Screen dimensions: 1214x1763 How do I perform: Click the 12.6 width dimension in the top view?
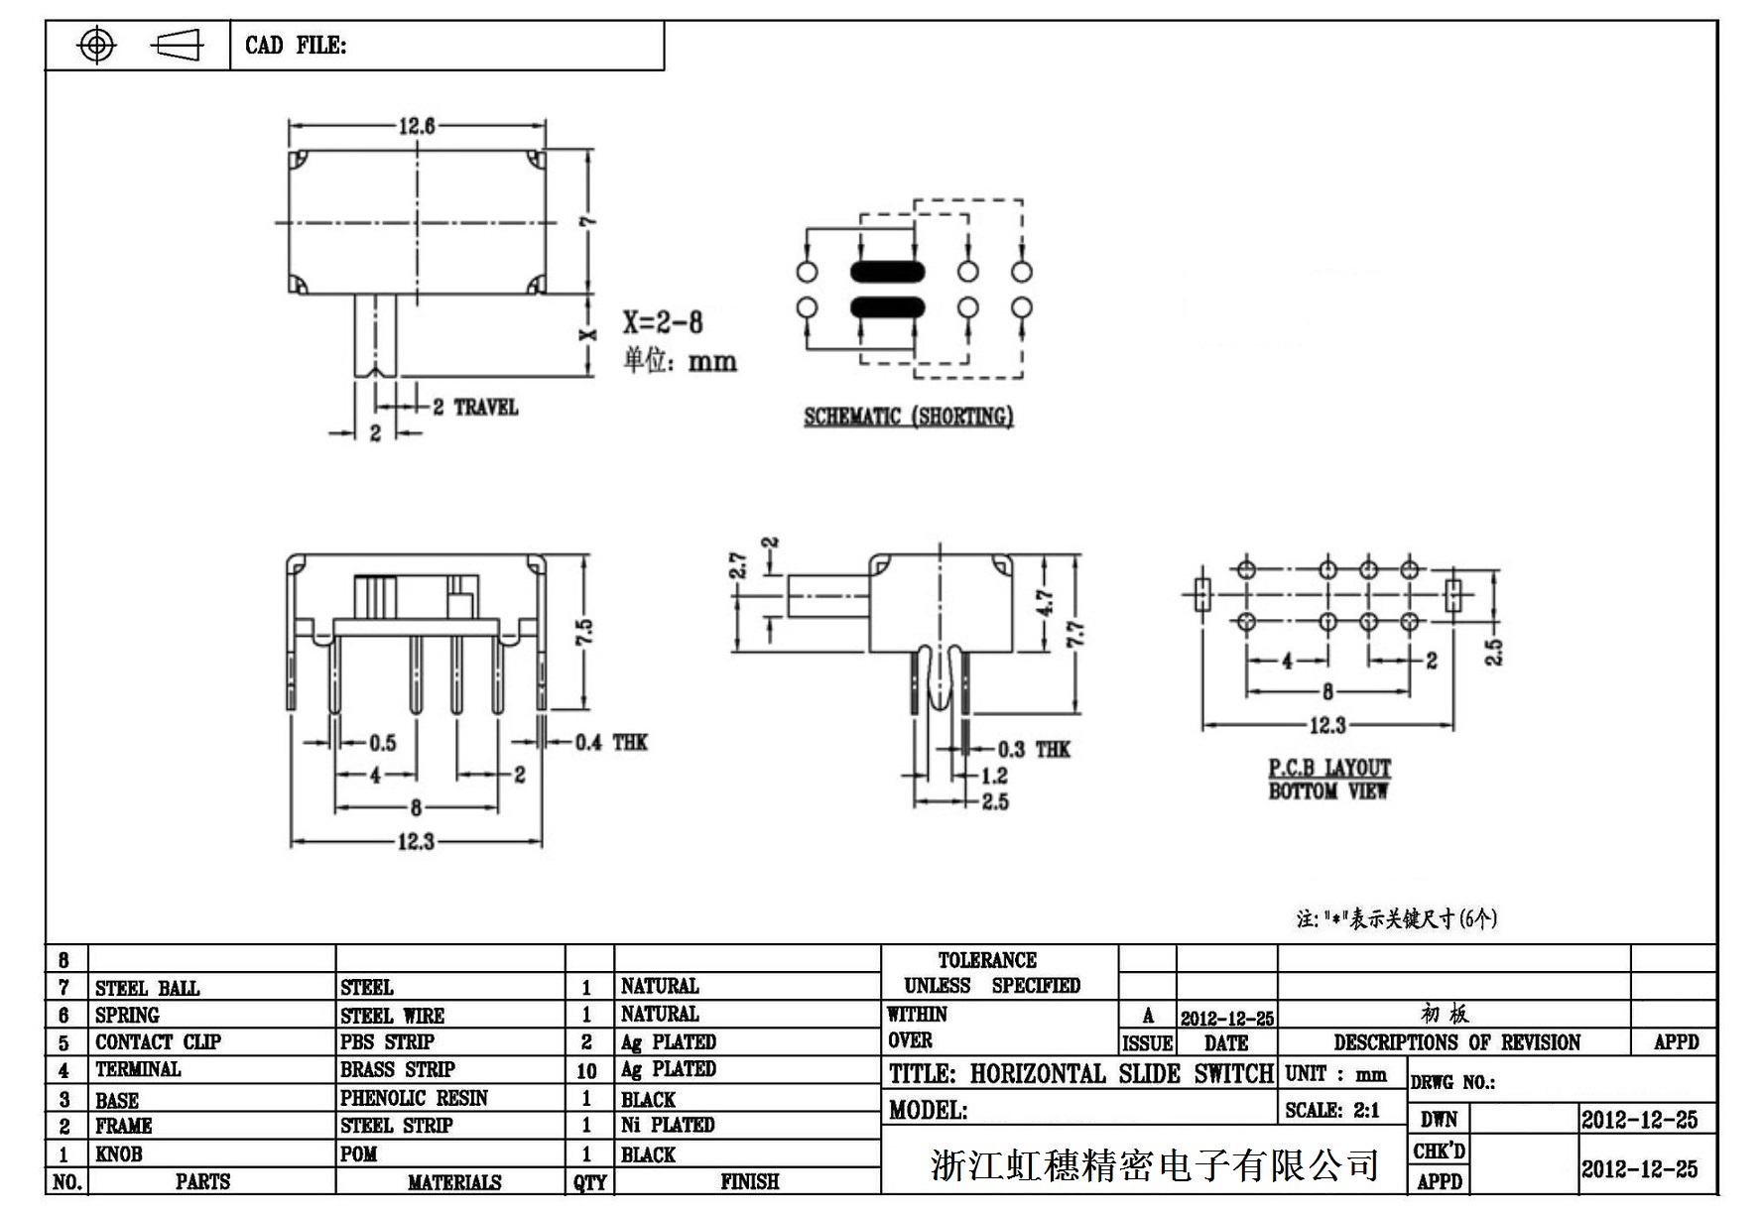coord(417,126)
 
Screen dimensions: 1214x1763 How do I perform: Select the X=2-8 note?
coord(663,322)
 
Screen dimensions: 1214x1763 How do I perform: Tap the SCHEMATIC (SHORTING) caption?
coord(908,417)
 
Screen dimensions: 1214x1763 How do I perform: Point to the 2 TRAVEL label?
coord(475,407)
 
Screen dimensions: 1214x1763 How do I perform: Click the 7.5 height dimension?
coord(585,632)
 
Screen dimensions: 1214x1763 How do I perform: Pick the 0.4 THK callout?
coord(610,742)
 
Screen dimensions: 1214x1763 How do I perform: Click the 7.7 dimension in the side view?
coord(1075,633)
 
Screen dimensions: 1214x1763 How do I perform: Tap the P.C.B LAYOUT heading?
coord(1329,769)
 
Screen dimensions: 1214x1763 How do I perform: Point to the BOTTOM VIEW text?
coord(1327,791)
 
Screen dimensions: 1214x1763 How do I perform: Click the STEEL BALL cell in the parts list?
coord(147,988)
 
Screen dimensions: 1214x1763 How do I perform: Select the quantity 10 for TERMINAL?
coord(586,1071)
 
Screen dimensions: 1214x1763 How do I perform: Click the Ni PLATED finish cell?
coord(668,1125)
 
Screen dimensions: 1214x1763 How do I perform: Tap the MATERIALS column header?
coord(453,1182)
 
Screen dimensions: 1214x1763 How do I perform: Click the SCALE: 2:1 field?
coord(1331,1111)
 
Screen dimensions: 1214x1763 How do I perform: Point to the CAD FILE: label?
coord(296,46)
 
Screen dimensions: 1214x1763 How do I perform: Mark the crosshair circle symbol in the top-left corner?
coord(96,46)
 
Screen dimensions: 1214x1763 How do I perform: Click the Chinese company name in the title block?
coord(1155,1164)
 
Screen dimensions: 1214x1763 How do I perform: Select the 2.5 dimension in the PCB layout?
coord(1494,652)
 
